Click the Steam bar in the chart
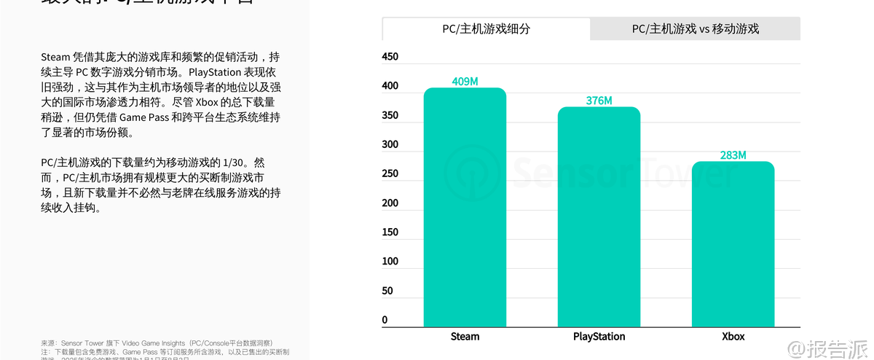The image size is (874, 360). coord(465,208)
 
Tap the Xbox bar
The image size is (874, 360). coord(733,244)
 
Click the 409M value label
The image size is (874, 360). coord(465,82)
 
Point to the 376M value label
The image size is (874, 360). coord(599,101)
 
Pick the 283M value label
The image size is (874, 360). coord(733,155)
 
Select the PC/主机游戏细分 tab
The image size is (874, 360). coord(486,29)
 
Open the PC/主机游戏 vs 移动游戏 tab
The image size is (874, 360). coord(695,29)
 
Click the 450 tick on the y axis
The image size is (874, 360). coord(390,57)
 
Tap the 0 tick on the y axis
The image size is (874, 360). coord(385,319)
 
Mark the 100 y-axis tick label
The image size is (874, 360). coord(390,261)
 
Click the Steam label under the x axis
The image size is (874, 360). coord(465,337)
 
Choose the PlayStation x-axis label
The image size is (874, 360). coord(599,337)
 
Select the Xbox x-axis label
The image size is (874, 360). coord(733,337)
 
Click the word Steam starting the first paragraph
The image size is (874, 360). coord(55,56)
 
